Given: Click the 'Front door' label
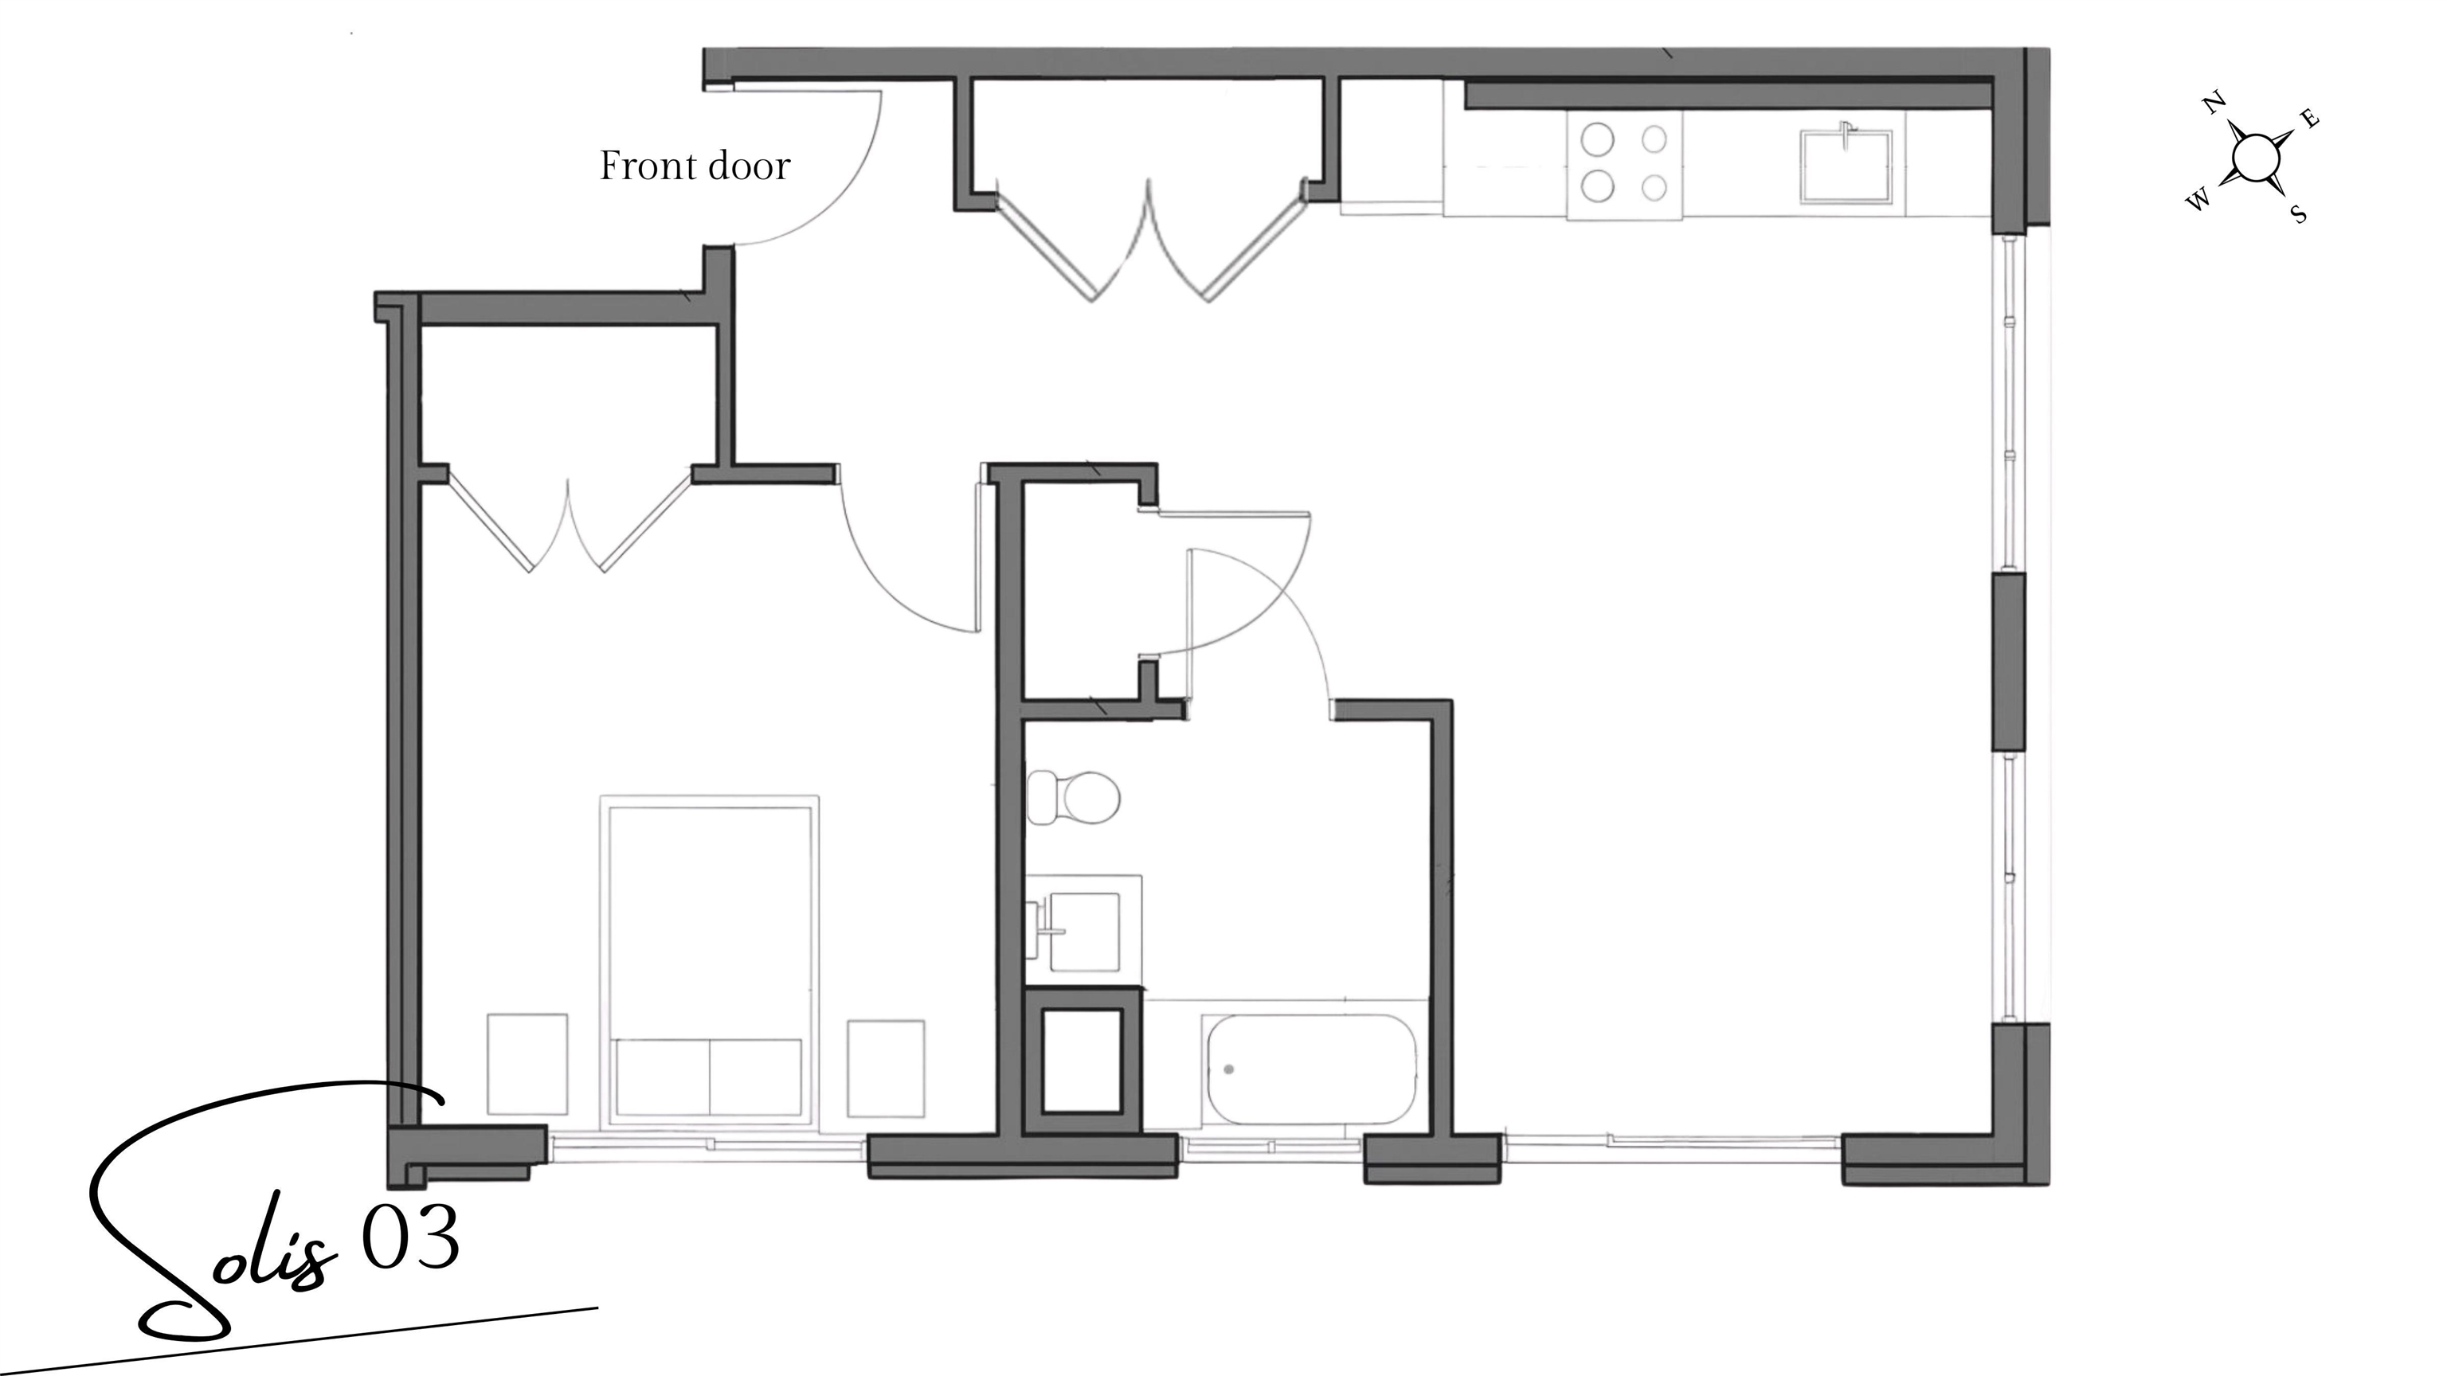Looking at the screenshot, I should (x=695, y=166).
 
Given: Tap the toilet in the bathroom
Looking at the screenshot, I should (x=1075, y=797).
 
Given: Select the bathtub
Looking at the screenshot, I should (x=1311, y=1069).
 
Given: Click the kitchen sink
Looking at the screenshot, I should (x=1846, y=166).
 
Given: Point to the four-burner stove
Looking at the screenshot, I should (x=1623, y=164).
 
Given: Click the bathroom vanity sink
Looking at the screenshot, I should (x=1083, y=931).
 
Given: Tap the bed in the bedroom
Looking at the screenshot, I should (x=710, y=959).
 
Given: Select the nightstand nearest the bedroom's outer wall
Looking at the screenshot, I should (x=527, y=1064).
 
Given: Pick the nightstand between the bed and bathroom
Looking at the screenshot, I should (x=885, y=1069).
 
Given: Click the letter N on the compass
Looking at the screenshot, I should (x=2214, y=103).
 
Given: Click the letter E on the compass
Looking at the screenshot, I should (x=2311, y=119).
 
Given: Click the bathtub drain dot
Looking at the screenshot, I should (x=1229, y=1069).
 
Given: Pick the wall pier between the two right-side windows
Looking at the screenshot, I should (x=2008, y=661).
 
